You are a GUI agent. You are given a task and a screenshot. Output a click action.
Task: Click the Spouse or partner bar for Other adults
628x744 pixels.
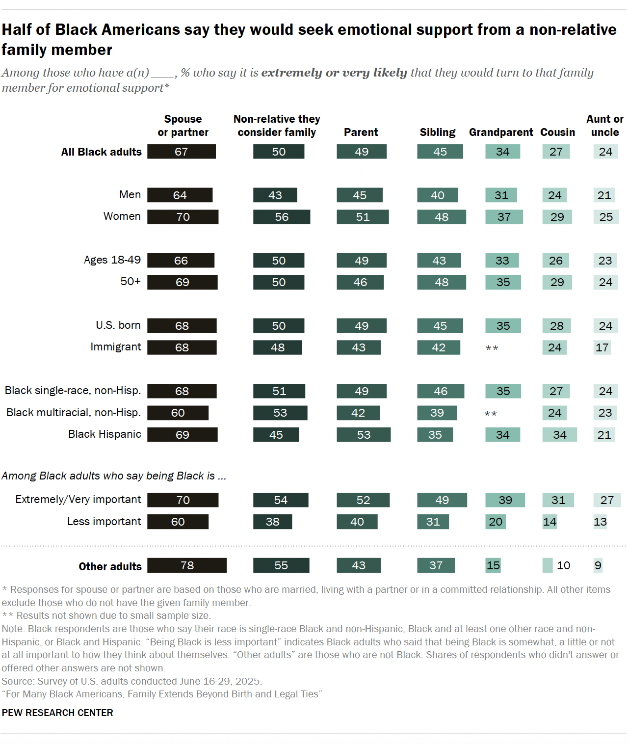coord(187,565)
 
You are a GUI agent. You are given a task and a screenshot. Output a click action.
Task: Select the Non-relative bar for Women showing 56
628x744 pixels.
coord(282,217)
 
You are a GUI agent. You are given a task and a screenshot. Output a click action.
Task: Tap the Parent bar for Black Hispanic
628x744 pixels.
coord(364,435)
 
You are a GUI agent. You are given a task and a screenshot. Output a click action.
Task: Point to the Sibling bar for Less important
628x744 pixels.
coord(433,522)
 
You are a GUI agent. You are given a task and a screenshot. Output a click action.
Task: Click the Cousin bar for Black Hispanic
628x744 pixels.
coord(559,435)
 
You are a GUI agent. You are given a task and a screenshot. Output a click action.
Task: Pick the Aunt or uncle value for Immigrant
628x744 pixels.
coord(602,347)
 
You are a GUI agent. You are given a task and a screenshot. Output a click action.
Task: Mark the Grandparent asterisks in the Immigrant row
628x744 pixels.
coord(492,348)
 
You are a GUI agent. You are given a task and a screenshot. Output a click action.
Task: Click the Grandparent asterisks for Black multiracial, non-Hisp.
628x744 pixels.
coord(491,414)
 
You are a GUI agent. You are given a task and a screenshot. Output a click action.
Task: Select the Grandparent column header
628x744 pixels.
coord(501,133)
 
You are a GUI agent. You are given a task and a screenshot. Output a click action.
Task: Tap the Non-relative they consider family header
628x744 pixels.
coord(277,126)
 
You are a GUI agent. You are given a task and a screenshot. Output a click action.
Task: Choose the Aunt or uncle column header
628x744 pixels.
coord(605,126)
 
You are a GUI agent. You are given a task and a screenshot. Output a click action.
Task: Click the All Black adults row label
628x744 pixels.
coord(101,152)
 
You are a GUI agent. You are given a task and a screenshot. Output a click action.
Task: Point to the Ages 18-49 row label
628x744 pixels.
coord(112,260)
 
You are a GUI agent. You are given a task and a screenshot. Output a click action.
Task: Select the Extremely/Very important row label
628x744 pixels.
coord(78,500)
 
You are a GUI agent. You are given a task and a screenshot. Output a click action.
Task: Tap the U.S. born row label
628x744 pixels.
coord(118,325)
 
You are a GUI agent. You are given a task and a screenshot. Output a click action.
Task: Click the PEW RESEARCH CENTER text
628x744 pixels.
coord(57,713)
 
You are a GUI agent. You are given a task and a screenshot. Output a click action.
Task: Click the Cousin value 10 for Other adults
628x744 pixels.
coord(563,565)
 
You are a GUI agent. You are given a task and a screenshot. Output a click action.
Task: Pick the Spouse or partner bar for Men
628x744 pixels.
coord(180,195)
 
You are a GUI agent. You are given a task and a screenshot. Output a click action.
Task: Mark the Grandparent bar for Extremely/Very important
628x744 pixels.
coord(505,500)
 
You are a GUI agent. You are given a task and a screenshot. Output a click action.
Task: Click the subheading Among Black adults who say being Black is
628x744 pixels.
coord(114,476)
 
